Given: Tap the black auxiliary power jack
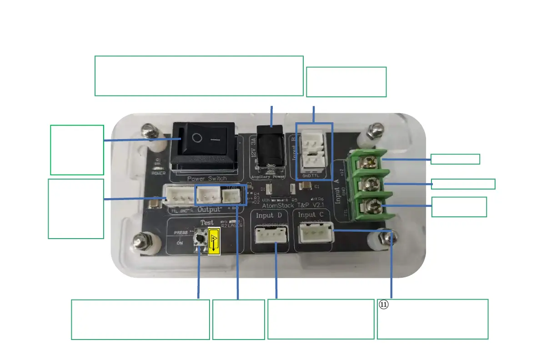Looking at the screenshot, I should click(x=272, y=145).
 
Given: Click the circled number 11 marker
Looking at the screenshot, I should click(x=384, y=305).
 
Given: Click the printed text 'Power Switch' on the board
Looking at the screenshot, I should click(x=206, y=179).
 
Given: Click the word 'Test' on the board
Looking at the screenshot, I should click(x=207, y=223).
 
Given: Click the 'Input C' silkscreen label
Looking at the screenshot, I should click(x=315, y=215).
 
